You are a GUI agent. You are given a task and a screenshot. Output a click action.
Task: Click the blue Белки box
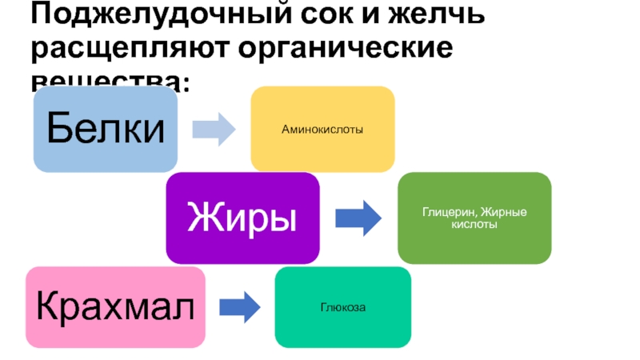[105, 129]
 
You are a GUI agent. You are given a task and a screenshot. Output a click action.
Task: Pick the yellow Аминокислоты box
[322, 129]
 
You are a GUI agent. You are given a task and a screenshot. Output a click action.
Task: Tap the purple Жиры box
[242, 217]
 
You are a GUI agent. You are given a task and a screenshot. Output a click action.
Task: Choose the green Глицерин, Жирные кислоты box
[474, 218]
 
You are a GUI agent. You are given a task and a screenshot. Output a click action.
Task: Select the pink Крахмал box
[115, 306]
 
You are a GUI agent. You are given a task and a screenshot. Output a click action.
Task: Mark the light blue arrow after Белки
[214, 129]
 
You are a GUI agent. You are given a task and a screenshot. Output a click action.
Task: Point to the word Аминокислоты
[322, 129]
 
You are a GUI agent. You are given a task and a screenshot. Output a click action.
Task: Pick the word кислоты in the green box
[474, 224]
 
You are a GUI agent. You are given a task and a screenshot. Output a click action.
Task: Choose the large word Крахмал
[115, 306]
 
